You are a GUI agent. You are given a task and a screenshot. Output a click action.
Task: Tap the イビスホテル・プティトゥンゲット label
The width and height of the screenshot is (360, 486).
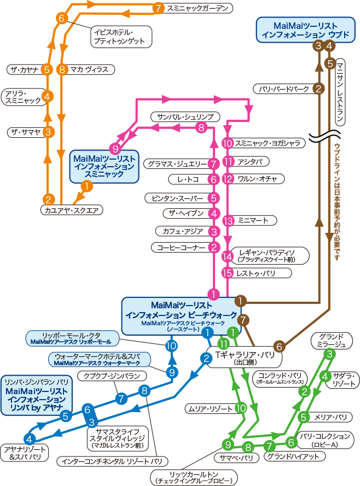[x=120, y=36]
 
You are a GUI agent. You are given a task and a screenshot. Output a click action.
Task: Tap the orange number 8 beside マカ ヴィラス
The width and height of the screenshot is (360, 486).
[x=62, y=69]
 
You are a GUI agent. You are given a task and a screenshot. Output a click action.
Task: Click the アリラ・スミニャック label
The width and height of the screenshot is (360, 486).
[x=23, y=97]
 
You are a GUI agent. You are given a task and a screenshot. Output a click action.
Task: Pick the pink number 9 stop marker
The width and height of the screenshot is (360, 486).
[x=114, y=148]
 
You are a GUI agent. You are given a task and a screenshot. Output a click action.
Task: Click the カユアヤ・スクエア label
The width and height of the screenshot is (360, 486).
[x=72, y=210]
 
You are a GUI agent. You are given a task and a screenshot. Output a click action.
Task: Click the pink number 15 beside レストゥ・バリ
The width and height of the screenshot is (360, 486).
[x=228, y=273]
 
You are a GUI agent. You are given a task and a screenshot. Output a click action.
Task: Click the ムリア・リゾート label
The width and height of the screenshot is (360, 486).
[x=210, y=408]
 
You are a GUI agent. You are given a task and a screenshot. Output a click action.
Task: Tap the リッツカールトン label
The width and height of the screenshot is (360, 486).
[x=195, y=477]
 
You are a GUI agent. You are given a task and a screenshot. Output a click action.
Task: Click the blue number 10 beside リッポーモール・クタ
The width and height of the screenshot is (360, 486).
[x=171, y=346]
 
